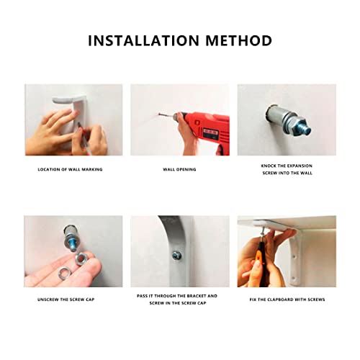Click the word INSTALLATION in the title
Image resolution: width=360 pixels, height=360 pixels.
point(144,40)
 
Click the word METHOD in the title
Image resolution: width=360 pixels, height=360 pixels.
point(238,40)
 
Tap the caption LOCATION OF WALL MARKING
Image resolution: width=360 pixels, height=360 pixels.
point(70,169)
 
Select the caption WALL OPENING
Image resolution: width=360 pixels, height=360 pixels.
point(179,169)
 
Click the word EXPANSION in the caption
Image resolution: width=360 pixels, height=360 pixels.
point(300,166)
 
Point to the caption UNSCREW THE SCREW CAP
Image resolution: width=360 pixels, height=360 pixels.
point(66,300)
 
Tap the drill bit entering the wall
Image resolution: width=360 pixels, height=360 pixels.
point(166,115)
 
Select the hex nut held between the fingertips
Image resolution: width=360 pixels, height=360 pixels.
point(81,258)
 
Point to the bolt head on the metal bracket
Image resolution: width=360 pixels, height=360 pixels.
point(176,256)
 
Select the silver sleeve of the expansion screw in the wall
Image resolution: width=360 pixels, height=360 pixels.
point(276,114)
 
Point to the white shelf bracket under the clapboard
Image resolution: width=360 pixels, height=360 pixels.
point(296,258)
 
